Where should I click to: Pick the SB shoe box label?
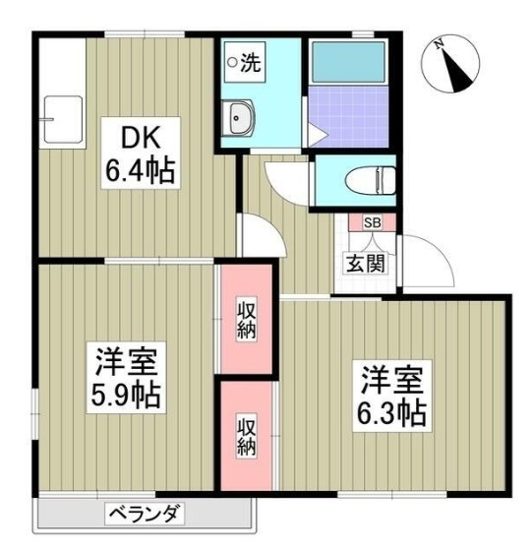click(x=373, y=223)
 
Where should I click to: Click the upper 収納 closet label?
click(x=245, y=319)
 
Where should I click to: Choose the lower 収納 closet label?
click(x=245, y=434)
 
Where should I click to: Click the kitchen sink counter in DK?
click(x=57, y=116)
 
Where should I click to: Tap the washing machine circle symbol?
click(x=233, y=62)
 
